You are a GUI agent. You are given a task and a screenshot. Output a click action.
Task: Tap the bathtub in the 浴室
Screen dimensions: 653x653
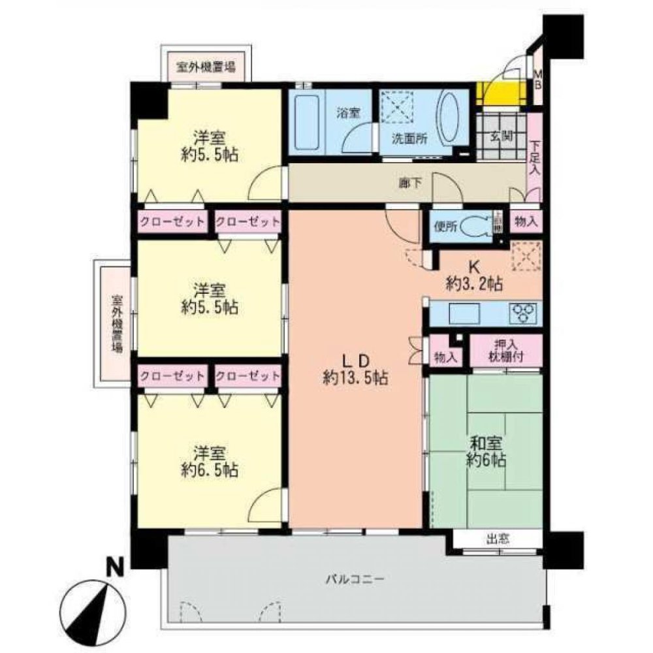coord(305,122)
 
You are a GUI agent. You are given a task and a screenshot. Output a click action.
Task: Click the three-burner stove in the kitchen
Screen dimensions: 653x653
coord(524,313)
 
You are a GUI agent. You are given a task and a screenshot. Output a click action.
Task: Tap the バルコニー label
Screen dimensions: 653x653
coord(355,579)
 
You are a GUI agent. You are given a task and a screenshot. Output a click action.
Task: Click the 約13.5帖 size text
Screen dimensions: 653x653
coord(357,377)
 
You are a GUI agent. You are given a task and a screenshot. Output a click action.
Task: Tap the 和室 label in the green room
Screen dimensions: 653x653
coord(484,441)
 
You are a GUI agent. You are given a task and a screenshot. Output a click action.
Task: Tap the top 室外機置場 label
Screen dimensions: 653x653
coord(206,67)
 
